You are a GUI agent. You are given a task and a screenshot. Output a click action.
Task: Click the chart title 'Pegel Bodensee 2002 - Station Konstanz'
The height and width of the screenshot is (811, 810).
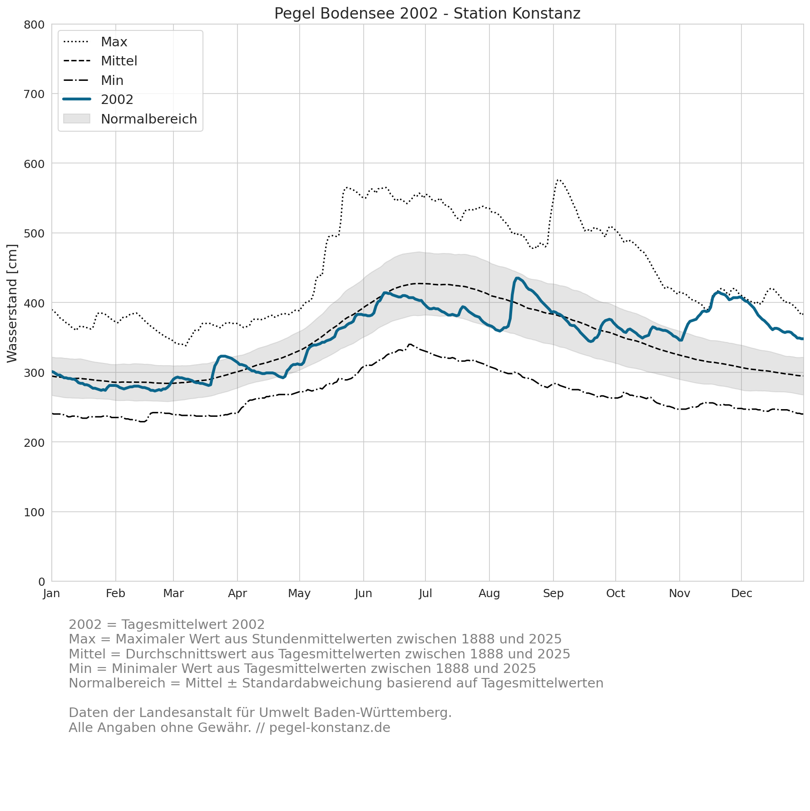427,14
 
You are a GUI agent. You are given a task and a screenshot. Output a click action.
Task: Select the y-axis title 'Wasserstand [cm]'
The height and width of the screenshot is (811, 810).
12,303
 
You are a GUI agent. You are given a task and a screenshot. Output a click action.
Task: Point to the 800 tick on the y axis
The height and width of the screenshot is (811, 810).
34,25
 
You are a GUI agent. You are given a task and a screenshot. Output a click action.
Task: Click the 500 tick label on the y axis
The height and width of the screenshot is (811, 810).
34,233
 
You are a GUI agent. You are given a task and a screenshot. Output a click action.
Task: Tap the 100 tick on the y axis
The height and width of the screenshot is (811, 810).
34,512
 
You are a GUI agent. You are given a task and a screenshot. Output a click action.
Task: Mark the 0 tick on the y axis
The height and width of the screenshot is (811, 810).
41,582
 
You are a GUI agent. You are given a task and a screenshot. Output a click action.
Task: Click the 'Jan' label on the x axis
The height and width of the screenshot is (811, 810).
52,593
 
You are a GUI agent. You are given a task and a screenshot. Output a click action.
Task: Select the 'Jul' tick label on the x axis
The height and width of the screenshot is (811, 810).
425,593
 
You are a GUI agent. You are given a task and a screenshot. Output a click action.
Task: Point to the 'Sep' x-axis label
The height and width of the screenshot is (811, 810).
553,593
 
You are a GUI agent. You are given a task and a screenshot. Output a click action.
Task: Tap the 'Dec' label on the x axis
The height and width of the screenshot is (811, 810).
741,593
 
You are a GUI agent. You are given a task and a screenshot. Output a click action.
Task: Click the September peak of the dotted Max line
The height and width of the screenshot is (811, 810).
558,180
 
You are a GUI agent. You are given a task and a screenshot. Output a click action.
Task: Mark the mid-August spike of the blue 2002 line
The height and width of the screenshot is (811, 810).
517,278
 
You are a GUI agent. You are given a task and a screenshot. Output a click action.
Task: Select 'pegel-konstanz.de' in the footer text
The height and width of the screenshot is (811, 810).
330,728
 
